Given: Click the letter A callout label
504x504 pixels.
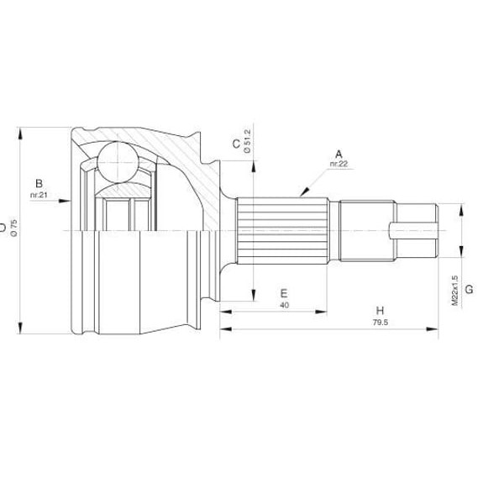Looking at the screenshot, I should coord(339,154).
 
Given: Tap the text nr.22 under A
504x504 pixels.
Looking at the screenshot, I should coord(339,165).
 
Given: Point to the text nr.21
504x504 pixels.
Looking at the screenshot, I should coord(38,195).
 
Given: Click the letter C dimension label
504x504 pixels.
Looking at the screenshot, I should coord(236,144).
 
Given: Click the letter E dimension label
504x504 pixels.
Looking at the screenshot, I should coord(284,293).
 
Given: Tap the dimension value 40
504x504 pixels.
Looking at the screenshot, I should coord(284,305).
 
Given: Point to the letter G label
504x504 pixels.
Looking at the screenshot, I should coord(469,289).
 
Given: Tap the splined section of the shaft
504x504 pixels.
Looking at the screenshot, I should coord(281,229).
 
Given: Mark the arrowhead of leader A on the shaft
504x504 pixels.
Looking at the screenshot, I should coord(299,195).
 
